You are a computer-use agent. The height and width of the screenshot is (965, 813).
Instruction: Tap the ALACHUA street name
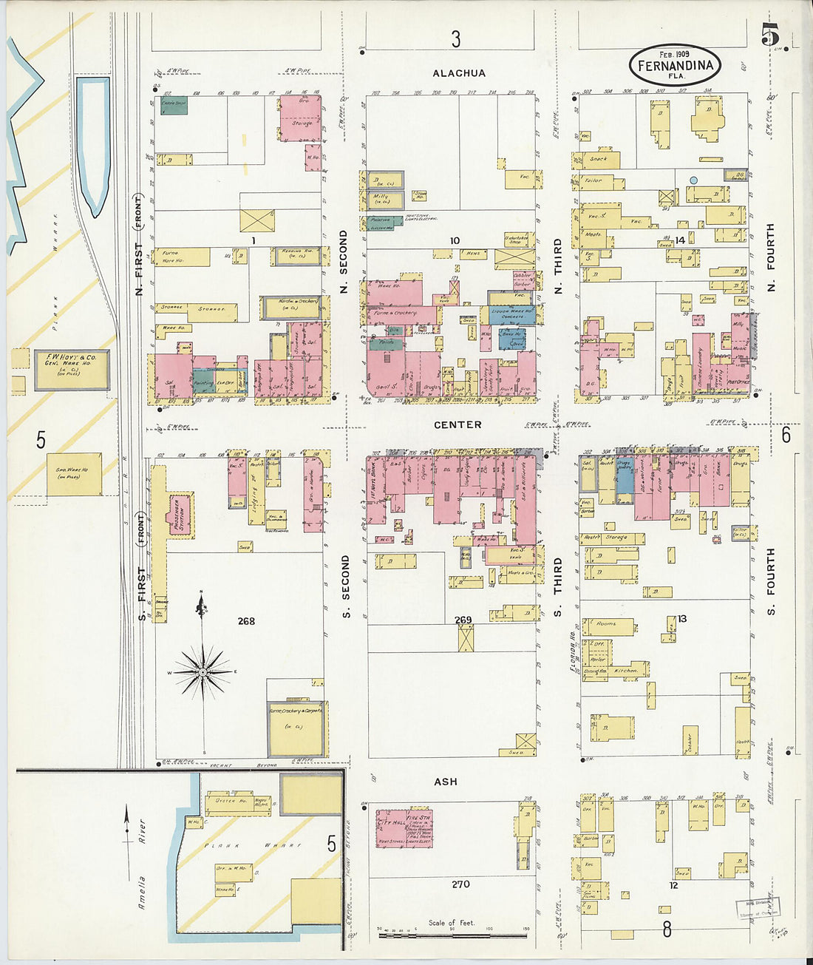[459, 73]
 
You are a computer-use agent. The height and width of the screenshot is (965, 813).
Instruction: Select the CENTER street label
[457, 424]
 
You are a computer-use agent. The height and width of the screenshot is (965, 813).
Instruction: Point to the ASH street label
[446, 782]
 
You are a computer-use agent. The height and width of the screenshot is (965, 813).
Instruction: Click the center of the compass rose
[202, 671]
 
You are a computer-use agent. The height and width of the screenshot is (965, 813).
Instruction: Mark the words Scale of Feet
[452, 923]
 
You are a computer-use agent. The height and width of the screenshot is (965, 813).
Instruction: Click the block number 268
[246, 621]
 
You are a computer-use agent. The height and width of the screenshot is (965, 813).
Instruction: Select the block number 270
[460, 884]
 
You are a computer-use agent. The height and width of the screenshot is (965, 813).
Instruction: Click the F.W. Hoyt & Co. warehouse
[72, 369]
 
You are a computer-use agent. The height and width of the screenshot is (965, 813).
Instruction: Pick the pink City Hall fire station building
[404, 828]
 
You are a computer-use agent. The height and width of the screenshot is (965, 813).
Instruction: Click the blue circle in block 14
[693, 180]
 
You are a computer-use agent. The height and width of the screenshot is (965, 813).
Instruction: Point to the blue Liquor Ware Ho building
[511, 312]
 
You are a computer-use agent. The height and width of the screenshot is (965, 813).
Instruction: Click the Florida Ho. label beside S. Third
[573, 651]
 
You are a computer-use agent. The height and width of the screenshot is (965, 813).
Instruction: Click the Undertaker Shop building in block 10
[517, 240]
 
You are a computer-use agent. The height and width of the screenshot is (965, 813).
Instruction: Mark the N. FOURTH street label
[770, 257]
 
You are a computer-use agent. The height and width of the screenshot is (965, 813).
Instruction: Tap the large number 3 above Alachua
[456, 39]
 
